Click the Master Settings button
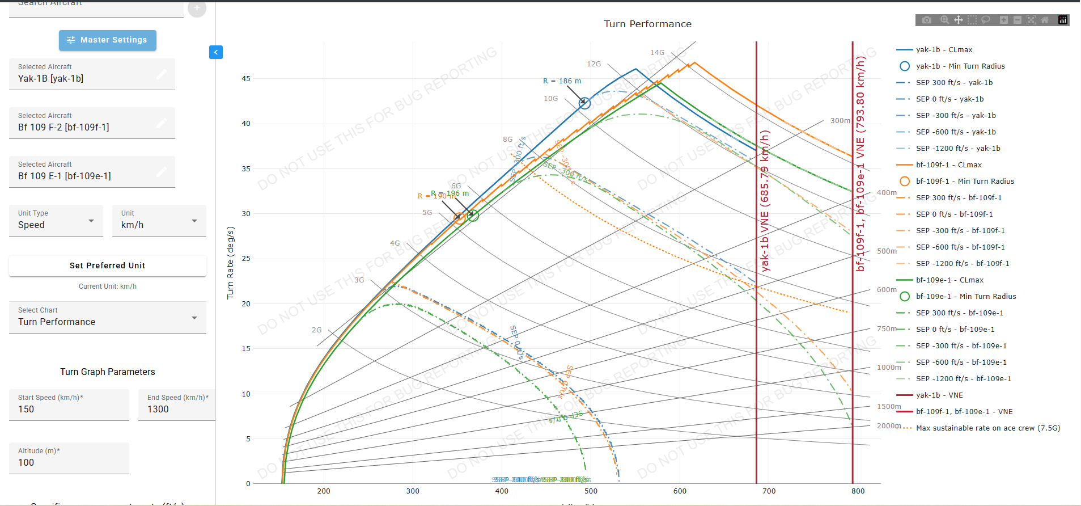click(108, 40)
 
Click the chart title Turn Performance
click(647, 24)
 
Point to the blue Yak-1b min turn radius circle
click(584, 103)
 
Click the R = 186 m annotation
click(562, 81)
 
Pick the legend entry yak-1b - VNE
click(939, 395)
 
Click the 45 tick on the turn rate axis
click(246, 79)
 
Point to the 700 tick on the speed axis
click(769, 491)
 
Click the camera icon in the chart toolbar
click(927, 20)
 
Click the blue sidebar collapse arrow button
click(216, 52)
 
